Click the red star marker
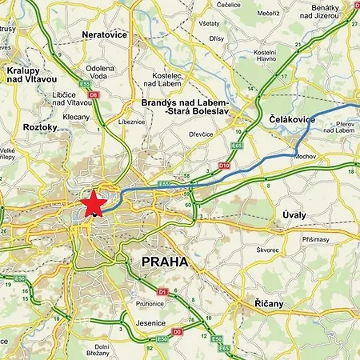click(x=93, y=203)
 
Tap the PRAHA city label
click(x=164, y=262)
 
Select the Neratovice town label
click(x=105, y=35)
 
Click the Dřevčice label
click(x=200, y=134)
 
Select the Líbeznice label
click(x=132, y=122)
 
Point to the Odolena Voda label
click(x=100, y=73)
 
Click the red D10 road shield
click(x=224, y=166)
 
